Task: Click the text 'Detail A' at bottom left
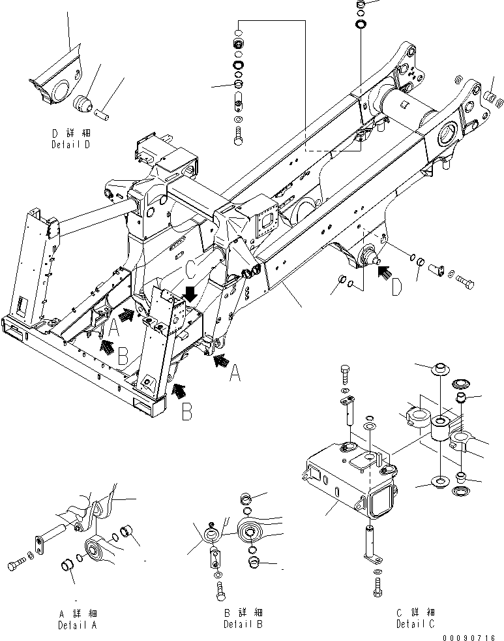click(x=78, y=624)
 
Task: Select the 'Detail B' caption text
click(x=243, y=624)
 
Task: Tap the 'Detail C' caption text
click(x=416, y=624)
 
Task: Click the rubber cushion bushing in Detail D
click(x=85, y=103)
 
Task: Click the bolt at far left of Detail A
click(x=16, y=561)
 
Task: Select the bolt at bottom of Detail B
click(x=220, y=590)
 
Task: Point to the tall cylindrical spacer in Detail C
click(x=441, y=431)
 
